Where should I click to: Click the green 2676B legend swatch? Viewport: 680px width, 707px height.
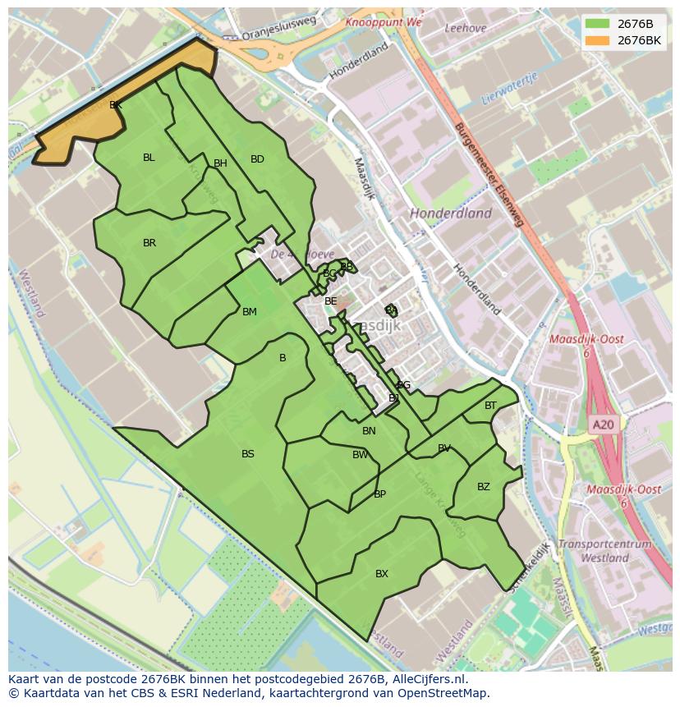[x=598, y=24]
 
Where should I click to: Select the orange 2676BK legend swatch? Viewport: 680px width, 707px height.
[x=598, y=40]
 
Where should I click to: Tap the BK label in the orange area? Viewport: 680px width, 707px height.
[x=116, y=105]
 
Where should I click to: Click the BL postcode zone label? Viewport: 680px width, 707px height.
[x=149, y=158]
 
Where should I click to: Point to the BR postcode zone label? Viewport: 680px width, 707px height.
[x=149, y=243]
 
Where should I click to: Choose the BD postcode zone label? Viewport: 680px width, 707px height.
[x=257, y=159]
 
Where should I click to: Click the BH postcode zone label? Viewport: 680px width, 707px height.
[x=220, y=163]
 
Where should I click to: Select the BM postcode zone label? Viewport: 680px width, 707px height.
[x=250, y=312]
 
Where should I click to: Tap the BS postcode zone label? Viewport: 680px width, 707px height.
[x=248, y=454]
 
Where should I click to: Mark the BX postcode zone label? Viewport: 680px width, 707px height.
[x=382, y=574]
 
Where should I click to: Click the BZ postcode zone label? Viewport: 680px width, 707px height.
[x=484, y=487]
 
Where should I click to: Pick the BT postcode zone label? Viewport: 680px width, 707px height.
[x=490, y=406]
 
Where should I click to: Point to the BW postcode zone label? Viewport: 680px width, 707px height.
[x=361, y=455]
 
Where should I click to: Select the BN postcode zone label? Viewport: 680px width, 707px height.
[x=369, y=431]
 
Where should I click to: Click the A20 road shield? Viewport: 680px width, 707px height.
[x=603, y=425]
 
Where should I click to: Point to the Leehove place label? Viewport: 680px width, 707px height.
[x=465, y=27]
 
